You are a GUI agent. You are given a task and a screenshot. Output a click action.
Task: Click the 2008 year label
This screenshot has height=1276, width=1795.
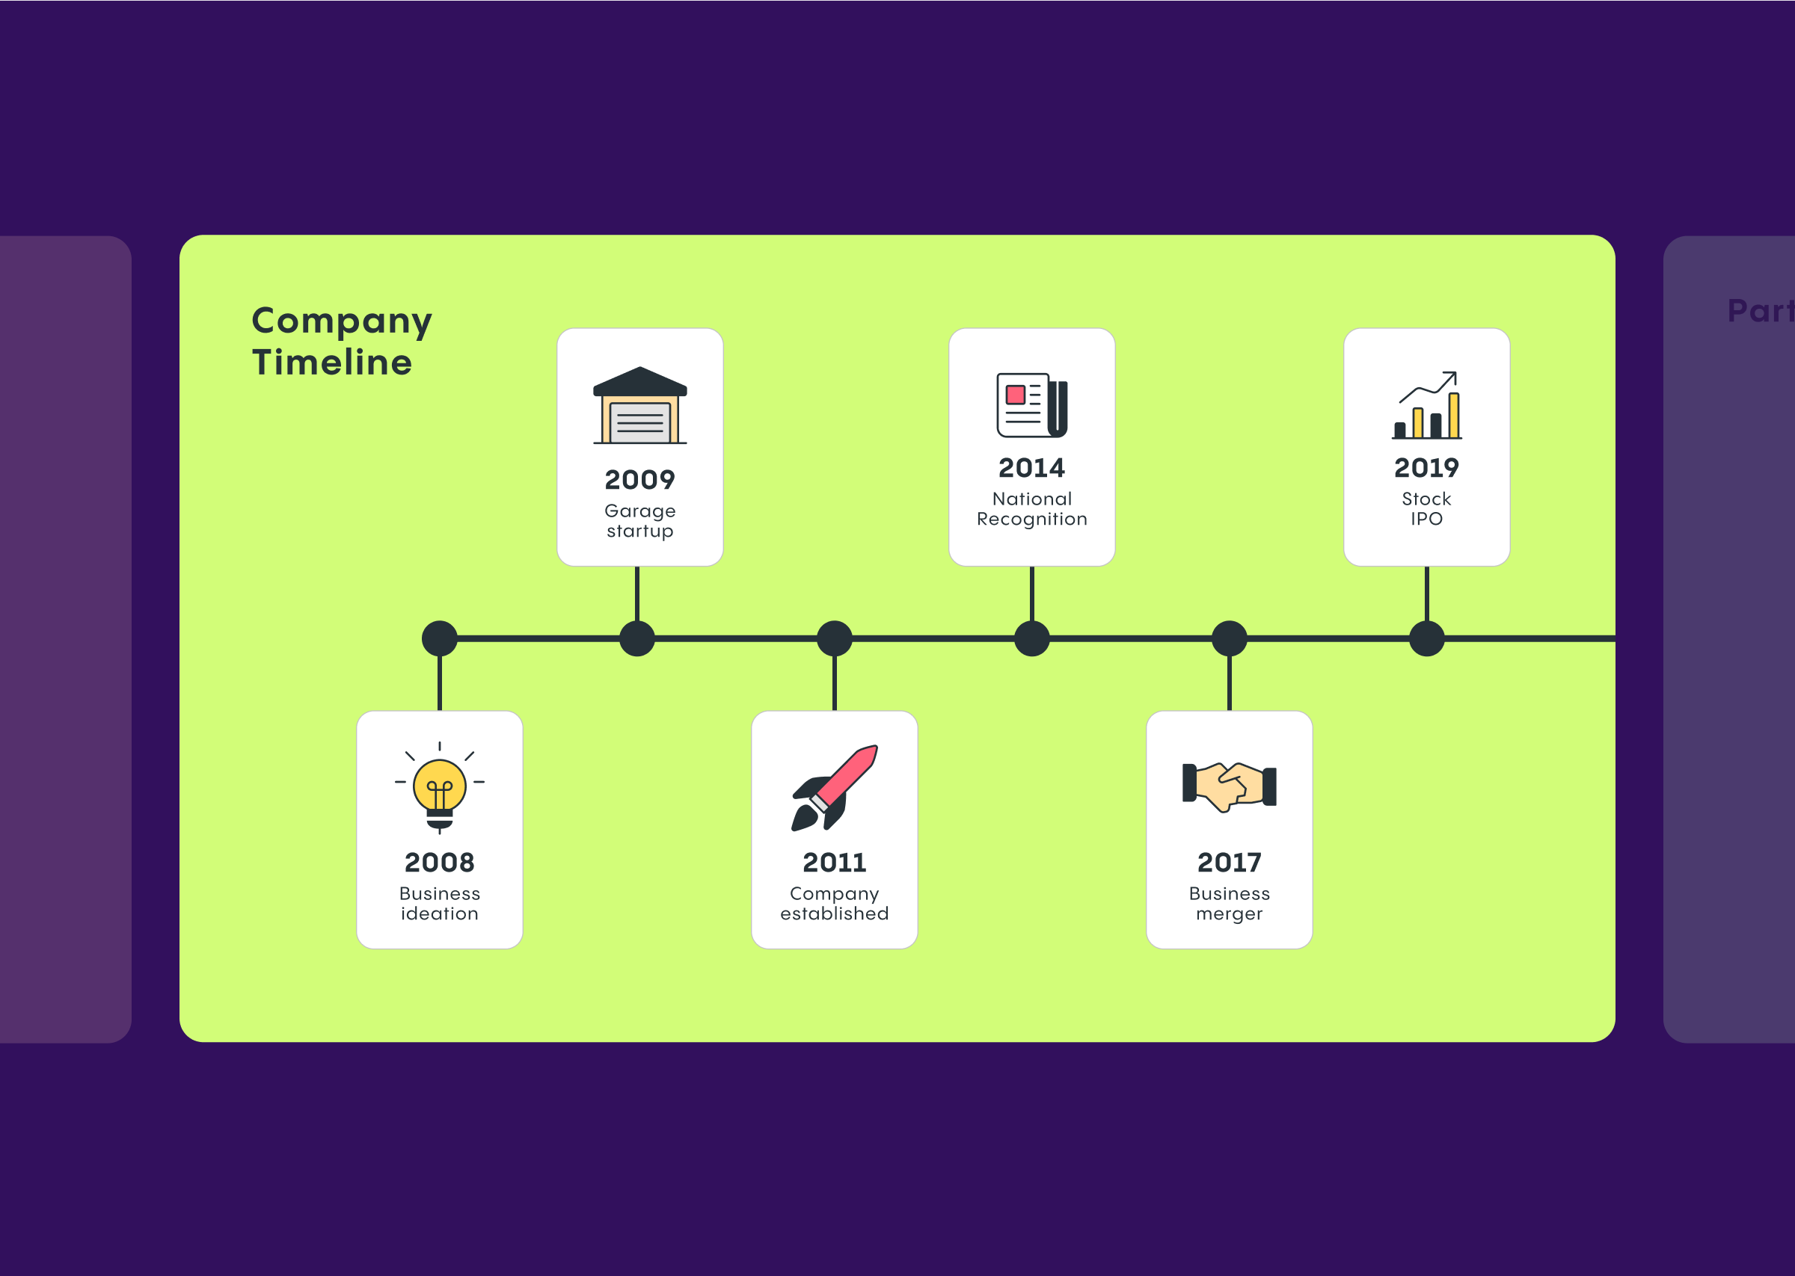pyautogui.click(x=439, y=862)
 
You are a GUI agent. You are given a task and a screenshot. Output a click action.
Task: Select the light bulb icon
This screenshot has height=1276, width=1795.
pyautogui.click(x=439, y=786)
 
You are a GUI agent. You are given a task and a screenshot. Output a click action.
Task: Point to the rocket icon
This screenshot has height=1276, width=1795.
pyautogui.click(x=834, y=787)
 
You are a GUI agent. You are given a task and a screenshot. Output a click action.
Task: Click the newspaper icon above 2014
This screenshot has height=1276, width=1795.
pyautogui.click(x=1031, y=405)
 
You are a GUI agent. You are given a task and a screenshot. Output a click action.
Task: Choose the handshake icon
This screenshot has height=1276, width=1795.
pyautogui.click(x=1229, y=786)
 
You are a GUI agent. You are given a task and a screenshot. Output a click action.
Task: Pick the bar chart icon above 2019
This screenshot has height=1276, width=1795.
pyautogui.click(x=1426, y=405)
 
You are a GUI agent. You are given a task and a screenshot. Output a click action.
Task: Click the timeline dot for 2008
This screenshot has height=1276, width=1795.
pyautogui.click(x=439, y=638)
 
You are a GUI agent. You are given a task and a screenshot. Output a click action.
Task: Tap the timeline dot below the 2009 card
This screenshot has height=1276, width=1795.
pyautogui.click(x=636, y=638)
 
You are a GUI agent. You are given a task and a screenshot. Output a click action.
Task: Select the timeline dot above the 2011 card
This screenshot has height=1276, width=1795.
pyautogui.click(x=834, y=638)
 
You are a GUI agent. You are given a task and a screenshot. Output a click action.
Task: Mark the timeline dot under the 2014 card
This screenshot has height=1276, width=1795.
pyautogui.click(x=1032, y=638)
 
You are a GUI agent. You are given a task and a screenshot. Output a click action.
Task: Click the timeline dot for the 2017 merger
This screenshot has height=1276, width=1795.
pyautogui.click(x=1229, y=638)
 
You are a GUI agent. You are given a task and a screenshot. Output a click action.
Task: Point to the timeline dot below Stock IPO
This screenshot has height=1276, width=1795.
pyautogui.click(x=1426, y=638)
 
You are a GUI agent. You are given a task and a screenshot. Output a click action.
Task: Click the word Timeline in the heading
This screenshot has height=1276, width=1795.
pyautogui.click(x=331, y=363)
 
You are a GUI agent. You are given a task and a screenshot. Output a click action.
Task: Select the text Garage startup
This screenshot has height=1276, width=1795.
pyautogui.click(x=639, y=520)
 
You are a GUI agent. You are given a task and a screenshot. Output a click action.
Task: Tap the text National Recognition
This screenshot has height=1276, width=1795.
pyautogui.click(x=1031, y=508)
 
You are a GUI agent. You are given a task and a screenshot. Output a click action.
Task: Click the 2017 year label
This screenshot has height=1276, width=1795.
pyautogui.click(x=1229, y=862)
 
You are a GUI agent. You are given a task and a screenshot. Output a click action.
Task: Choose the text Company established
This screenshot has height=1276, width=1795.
pyautogui.click(x=834, y=903)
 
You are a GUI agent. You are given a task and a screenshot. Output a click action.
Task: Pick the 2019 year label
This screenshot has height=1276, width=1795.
pyautogui.click(x=1426, y=467)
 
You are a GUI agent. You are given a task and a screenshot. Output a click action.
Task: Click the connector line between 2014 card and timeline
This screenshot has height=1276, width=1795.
pyautogui.click(x=1032, y=594)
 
